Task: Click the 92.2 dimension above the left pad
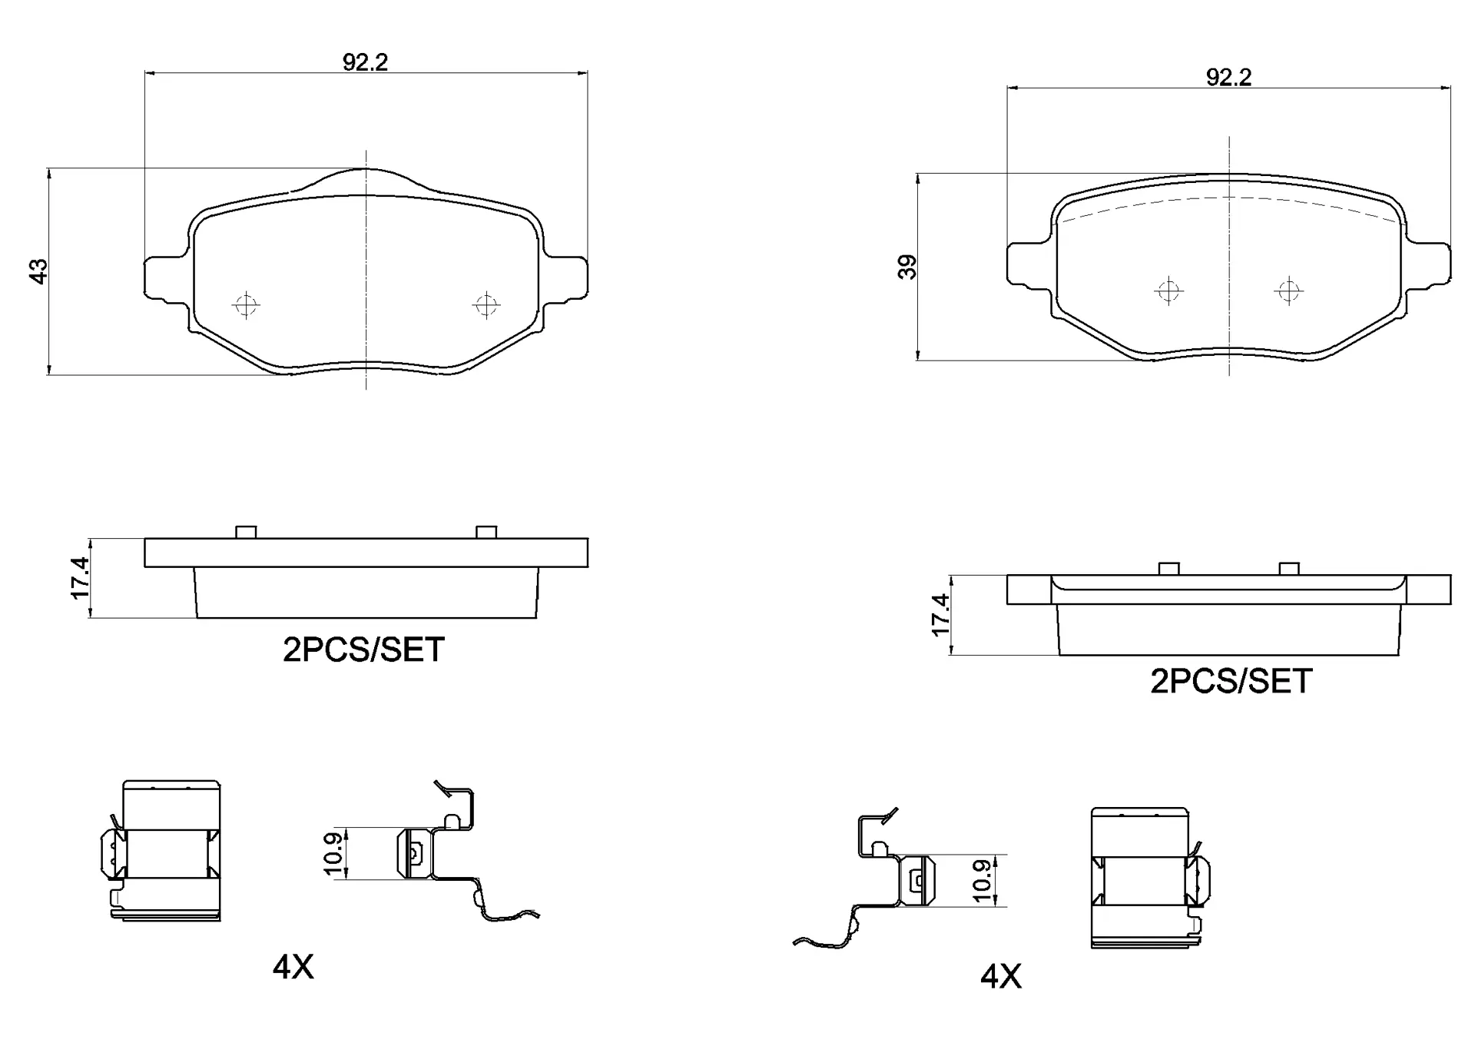[x=365, y=63]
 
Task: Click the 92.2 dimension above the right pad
[x=1228, y=78]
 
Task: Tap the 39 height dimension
[x=908, y=267]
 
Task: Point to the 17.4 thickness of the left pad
[x=80, y=578]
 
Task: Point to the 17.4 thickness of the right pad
[x=940, y=614]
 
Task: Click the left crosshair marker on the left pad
[x=246, y=304]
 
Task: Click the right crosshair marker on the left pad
[x=486, y=304]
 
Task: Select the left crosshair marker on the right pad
[x=1168, y=291]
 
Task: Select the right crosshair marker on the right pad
[x=1288, y=291]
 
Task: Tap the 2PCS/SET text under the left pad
[x=363, y=650]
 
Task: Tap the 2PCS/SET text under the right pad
[x=1231, y=682]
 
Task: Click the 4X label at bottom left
[x=293, y=968]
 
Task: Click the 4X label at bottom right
[x=1000, y=977]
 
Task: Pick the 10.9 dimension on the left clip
[x=333, y=853]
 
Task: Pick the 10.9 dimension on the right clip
[x=982, y=880]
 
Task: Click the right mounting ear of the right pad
[x=1430, y=264]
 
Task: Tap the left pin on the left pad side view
[x=246, y=532]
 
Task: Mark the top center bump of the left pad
[x=366, y=178]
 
